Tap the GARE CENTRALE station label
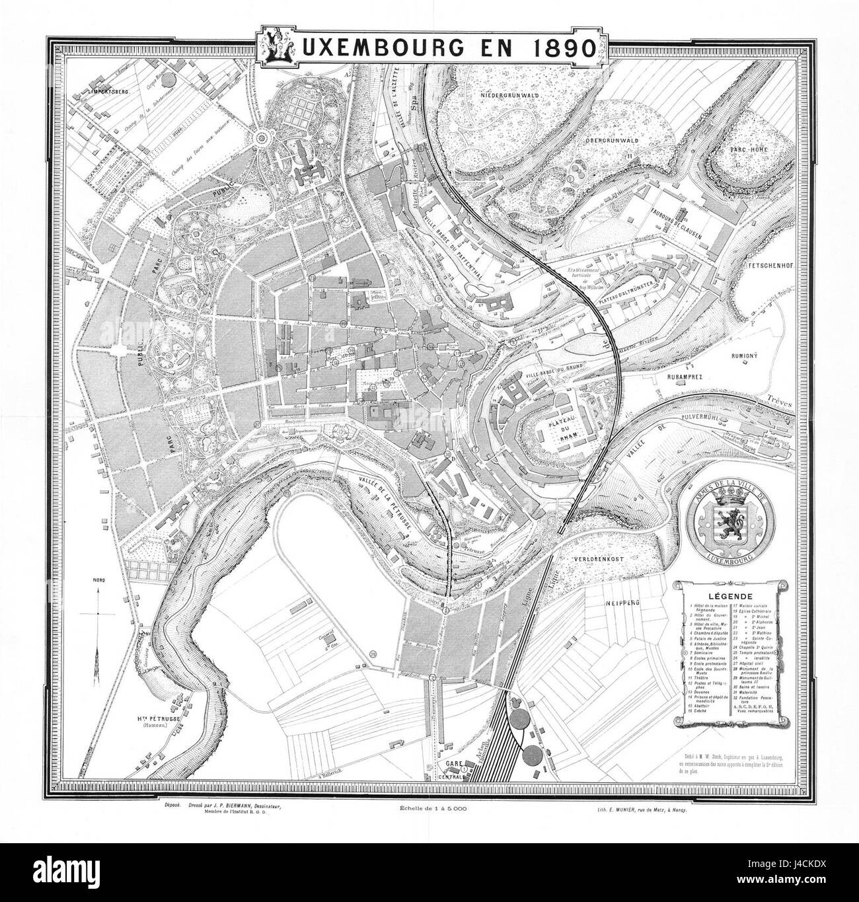455,765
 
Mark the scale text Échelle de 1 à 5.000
433,809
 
